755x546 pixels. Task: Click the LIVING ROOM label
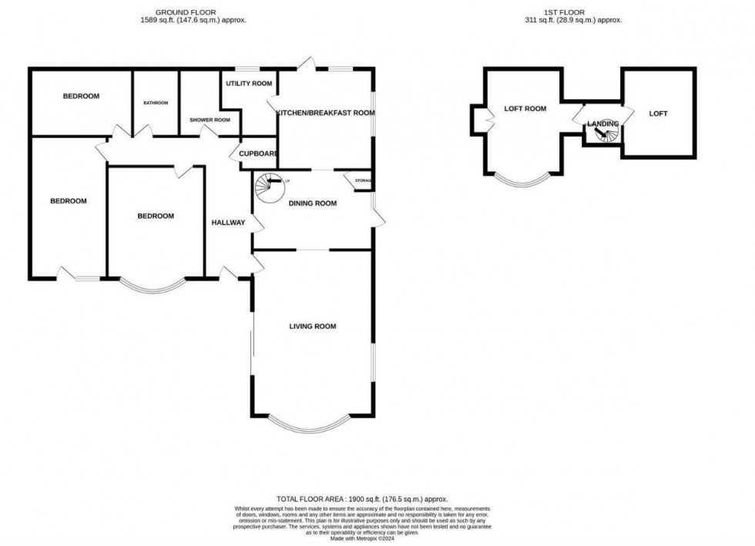tap(313, 327)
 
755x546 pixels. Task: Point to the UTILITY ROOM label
tap(249, 83)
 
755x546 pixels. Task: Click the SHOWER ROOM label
tap(210, 120)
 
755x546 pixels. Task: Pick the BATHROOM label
tap(156, 103)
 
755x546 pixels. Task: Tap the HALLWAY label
tap(228, 223)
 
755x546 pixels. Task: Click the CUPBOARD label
tap(258, 153)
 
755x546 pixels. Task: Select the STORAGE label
tap(363, 181)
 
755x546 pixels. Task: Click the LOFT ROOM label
tap(525, 109)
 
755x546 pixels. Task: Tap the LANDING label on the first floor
tap(602, 123)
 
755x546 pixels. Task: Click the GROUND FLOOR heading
tap(186, 12)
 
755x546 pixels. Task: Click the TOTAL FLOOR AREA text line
tap(361, 500)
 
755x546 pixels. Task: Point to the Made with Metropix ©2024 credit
tap(361, 538)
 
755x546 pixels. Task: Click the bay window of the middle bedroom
tap(154, 289)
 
